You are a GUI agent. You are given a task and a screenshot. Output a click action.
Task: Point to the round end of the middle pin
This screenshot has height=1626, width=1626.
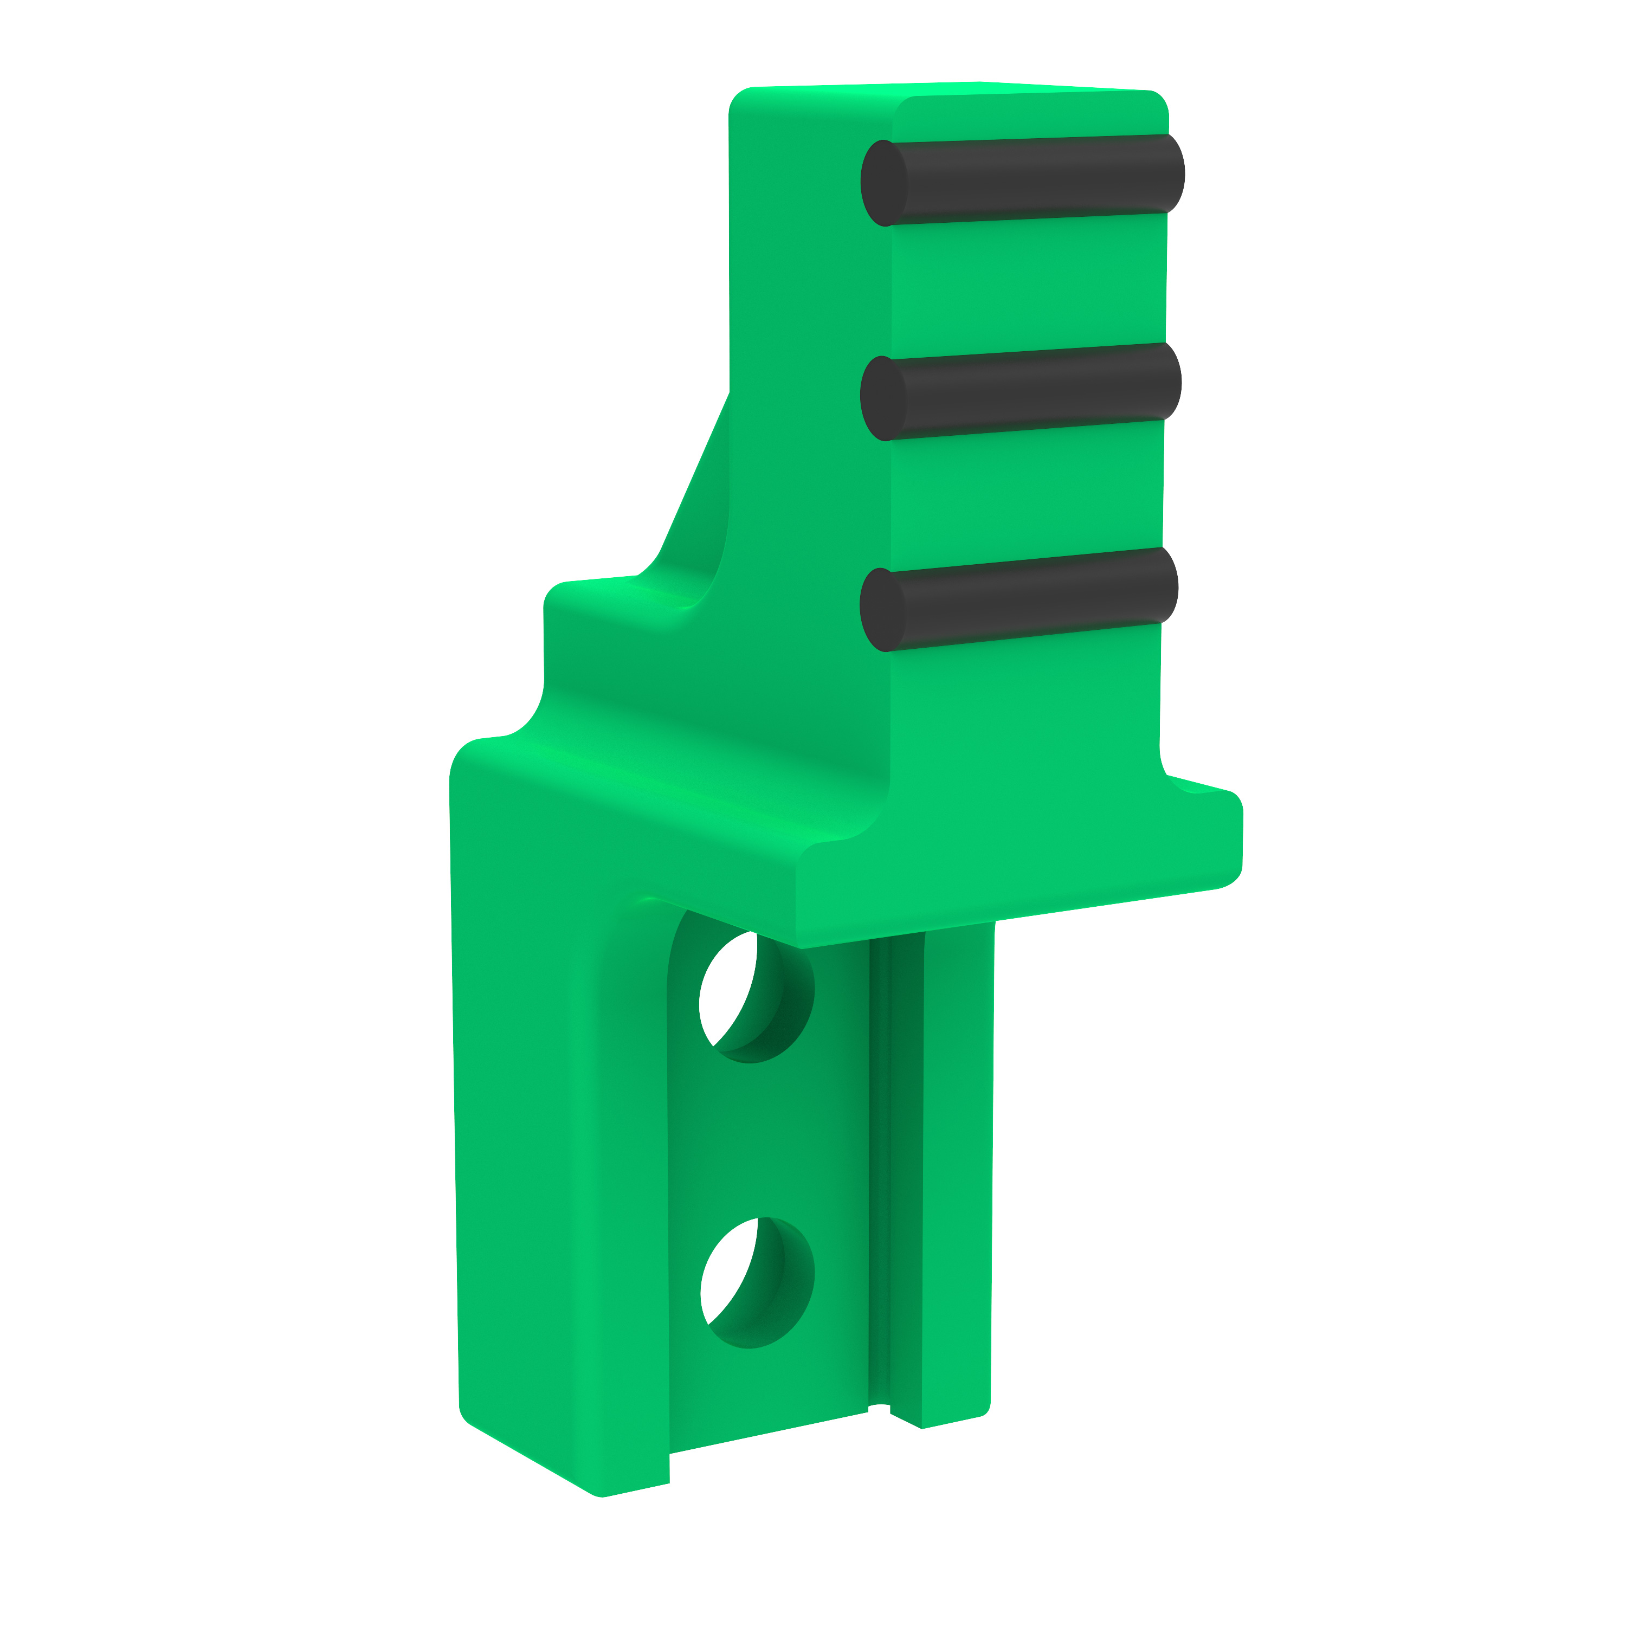[x=881, y=398]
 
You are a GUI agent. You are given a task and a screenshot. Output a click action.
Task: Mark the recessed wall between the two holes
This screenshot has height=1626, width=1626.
[x=758, y=1136]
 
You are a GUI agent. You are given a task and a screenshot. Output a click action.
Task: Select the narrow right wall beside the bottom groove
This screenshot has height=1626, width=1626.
[x=958, y=1178]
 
